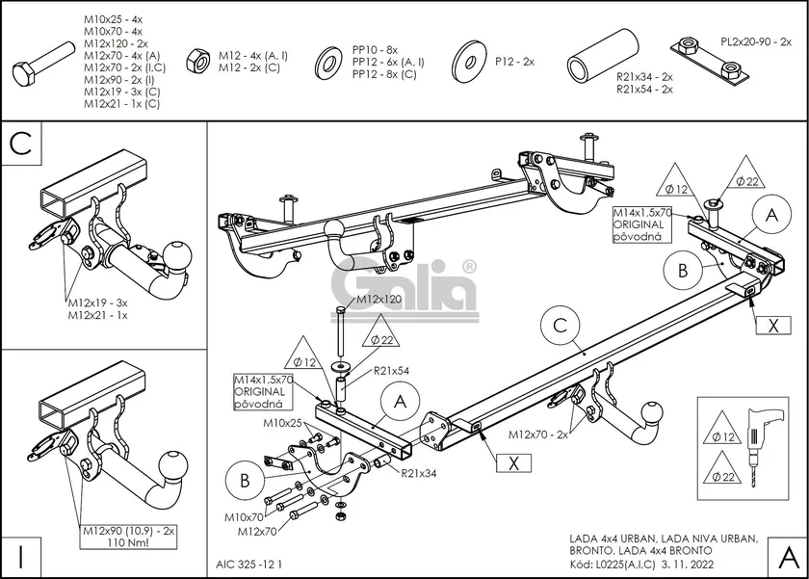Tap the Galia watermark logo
coord(404,284)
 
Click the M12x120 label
coord(378,300)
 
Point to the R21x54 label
coord(392,371)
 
